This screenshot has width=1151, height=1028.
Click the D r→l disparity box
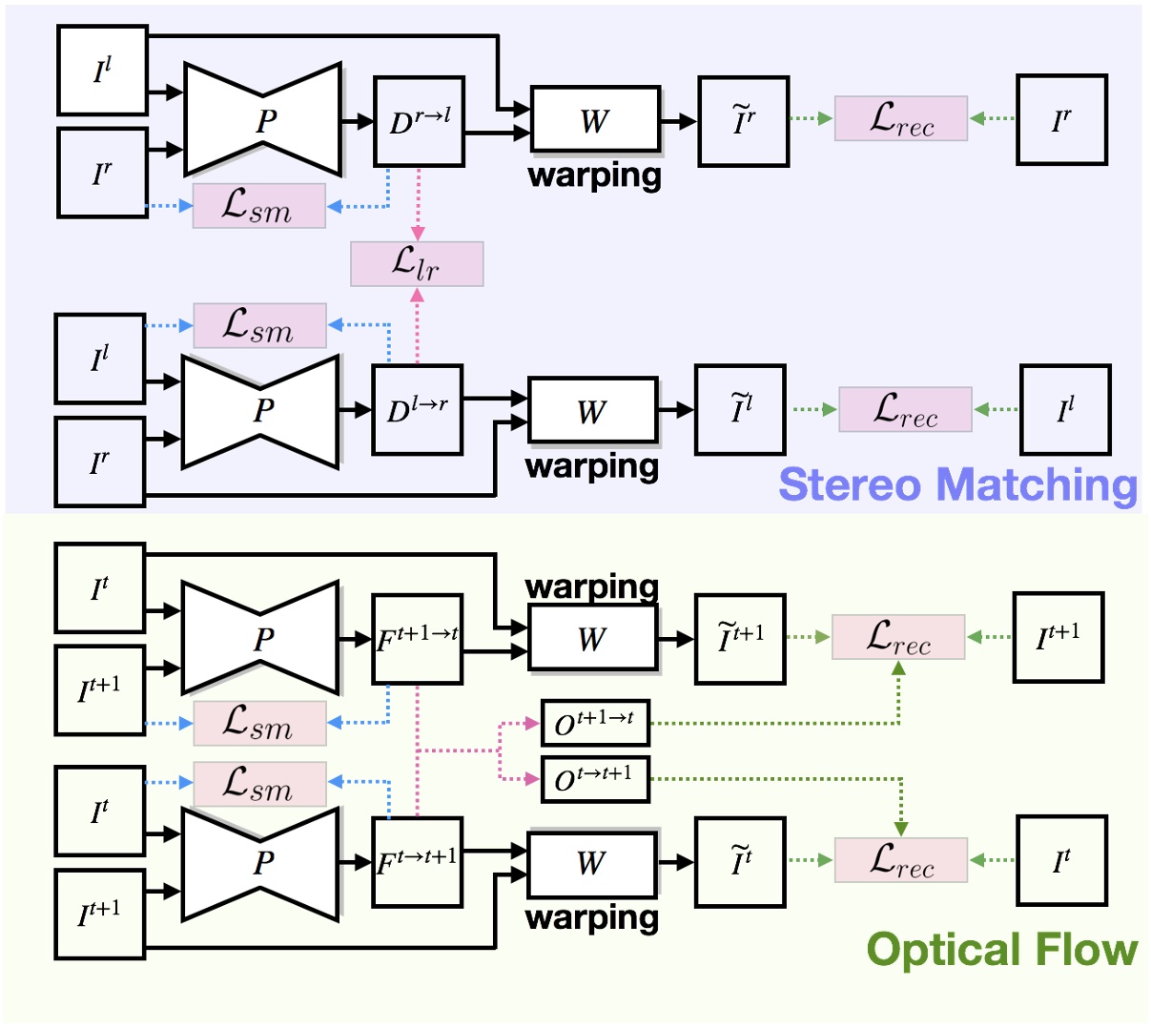click(x=419, y=122)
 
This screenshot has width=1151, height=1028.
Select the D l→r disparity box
click(x=417, y=410)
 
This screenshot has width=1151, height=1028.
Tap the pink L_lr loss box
click(x=417, y=264)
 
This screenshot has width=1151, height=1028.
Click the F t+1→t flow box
click(x=417, y=640)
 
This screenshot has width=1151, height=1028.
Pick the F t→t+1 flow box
click(x=417, y=862)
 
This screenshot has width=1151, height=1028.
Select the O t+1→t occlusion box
click(x=595, y=723)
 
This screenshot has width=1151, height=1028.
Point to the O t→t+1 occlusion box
click(x=595, y=779)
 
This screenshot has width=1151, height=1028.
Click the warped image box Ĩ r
click(x=743, y=122)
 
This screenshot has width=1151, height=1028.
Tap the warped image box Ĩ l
click(x=740, y=410)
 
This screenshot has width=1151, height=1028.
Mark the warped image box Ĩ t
click(x=740, y=862)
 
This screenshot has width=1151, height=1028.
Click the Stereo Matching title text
click(x=957, y=484)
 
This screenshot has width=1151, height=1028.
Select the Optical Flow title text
click(x=1001, y=950)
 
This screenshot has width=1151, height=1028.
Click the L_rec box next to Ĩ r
click(x=901, y=119)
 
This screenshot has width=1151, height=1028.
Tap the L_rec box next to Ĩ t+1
click(x=898, y=637)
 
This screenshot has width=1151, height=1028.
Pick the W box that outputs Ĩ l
click(x=592, y=411)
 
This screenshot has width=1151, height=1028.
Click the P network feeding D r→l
click(x=263, y=120)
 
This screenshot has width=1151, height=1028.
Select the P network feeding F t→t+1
click(x=261, y=863)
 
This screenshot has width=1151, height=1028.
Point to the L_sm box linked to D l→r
click(x=259, y=326)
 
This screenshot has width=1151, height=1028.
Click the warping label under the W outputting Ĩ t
click(x=592, y=917)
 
